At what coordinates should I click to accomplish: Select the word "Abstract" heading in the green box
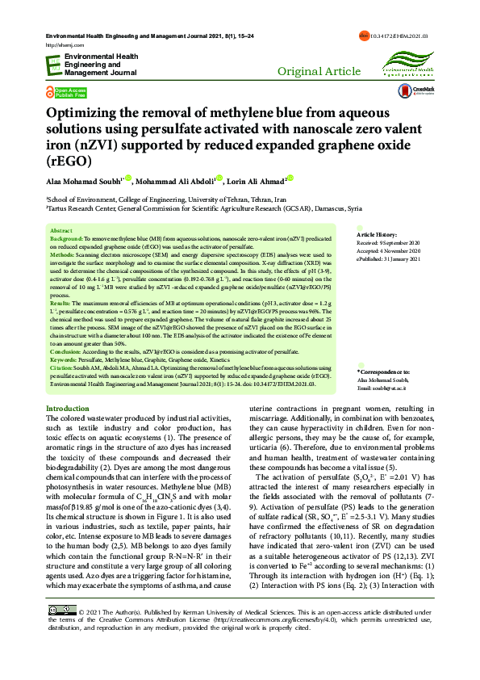pos(61,230)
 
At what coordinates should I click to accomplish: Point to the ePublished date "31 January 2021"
pos(402,258)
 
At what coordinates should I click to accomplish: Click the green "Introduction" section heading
pos(68,409)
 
